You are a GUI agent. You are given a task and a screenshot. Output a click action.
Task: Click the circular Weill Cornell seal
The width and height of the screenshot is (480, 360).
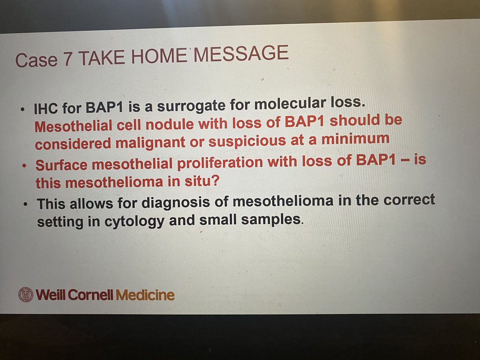coord(26,295)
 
